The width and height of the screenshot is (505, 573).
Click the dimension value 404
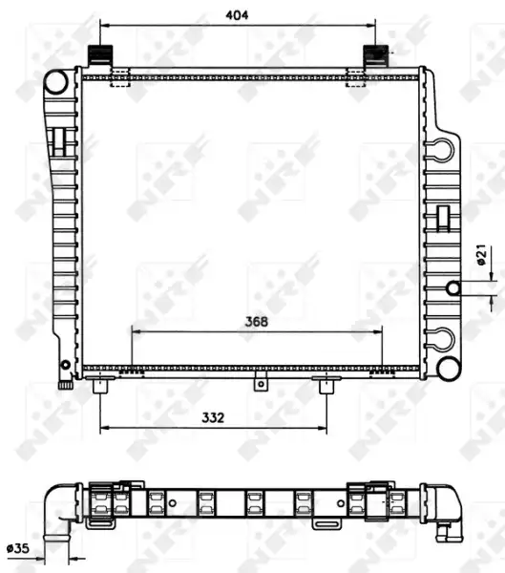pos(237,15)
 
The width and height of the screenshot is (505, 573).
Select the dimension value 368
pos(257,322)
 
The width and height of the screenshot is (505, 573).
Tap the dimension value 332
pos(213,417)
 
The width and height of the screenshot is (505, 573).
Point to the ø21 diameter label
pos(482,254)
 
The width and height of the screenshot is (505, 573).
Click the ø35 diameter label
pos(18,548)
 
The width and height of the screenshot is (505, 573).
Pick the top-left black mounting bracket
pos(100,54)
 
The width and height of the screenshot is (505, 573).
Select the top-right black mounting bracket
pos(375,54)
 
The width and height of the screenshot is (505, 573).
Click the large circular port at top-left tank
pos(56,82)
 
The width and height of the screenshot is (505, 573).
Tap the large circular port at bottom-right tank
pos(449,369)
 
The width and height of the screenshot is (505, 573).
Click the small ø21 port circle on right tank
pos(453,288)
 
